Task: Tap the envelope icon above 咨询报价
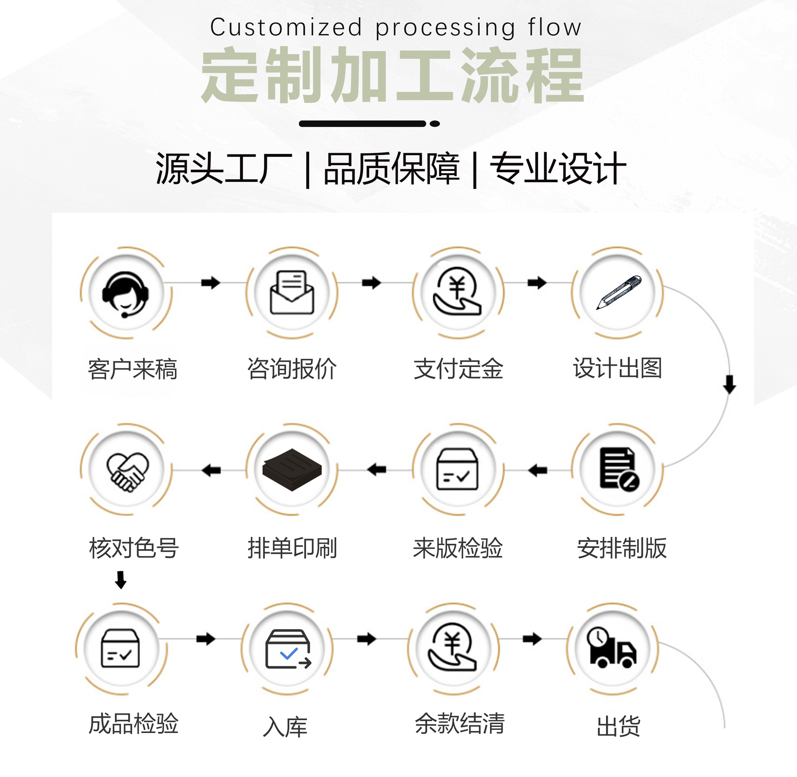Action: point(292,293)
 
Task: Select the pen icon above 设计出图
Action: point(619,292)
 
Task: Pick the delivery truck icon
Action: point(611,648)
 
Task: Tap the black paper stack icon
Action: point(292,470)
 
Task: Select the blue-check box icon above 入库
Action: point(288,649)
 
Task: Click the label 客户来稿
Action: point(132,369)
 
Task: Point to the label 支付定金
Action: point(458,369)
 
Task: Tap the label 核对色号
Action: point(134,548)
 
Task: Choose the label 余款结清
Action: point(460,723)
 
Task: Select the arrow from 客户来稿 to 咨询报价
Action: point(210,283)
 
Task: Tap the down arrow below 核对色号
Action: point(121,580)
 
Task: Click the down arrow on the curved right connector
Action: point(729,385)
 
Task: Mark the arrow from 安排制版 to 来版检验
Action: point(538,470)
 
